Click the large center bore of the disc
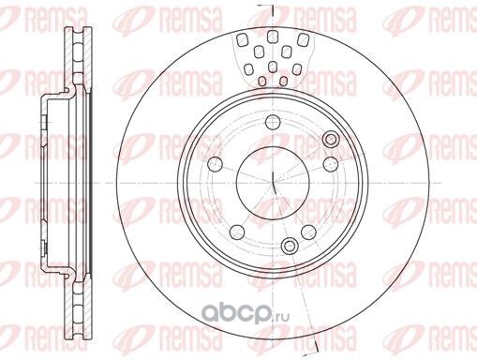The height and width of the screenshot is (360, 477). click(273, 183)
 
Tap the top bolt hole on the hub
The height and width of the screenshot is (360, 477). click(273, 122)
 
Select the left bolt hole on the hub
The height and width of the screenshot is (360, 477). click(216, 164)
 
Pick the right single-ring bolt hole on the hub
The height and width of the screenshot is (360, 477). click(331, 164)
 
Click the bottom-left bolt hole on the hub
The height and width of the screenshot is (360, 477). click(237, 232)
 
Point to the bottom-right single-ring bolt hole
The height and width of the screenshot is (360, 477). click(308, 232)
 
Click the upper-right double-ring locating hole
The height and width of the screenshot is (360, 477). click(331, 139)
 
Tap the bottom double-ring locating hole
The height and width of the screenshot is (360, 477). click(290, 246)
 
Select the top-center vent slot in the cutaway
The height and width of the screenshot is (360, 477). click(273, 37)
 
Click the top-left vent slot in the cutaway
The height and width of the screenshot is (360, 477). click(242, 39)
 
